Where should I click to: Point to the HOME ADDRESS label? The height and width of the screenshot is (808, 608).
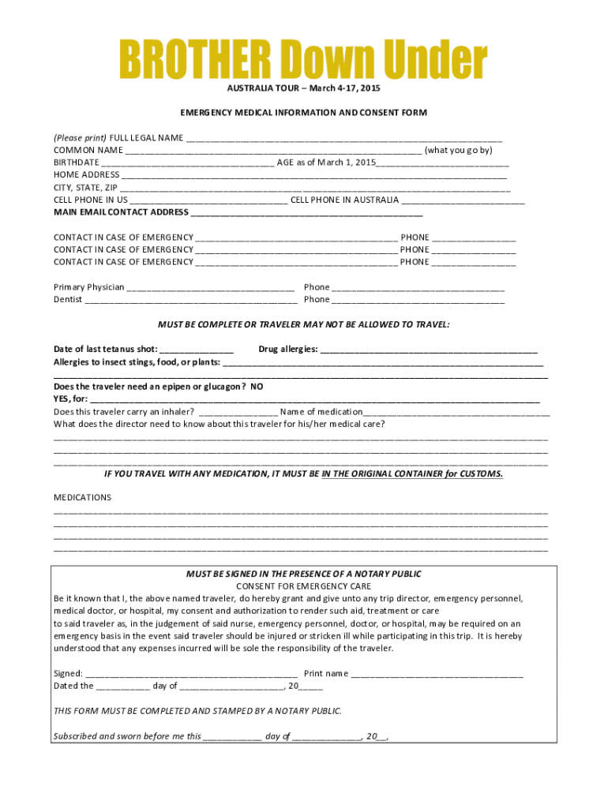tap(86, 174)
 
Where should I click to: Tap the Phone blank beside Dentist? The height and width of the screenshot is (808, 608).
tap(418, 301)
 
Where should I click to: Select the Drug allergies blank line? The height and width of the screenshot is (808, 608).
tap(429, 350)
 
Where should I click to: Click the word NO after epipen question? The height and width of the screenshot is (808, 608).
tap(257, 387)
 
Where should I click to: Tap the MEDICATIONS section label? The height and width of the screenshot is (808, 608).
tap(82, 497)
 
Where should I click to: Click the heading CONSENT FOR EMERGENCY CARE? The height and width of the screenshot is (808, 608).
tap(303, 586)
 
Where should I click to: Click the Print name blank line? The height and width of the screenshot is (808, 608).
tap(437, 674)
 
